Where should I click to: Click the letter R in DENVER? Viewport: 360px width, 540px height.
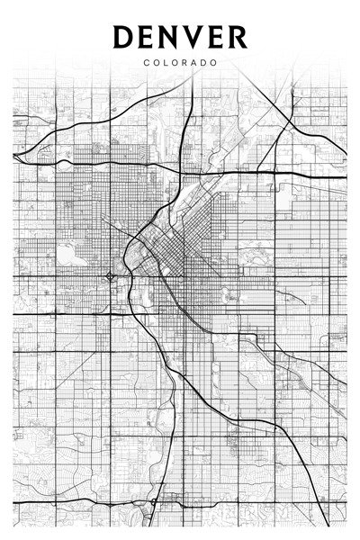(238, 37)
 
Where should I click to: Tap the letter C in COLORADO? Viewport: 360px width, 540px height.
(146, 63)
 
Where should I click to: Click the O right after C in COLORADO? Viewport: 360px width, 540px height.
(156, 63)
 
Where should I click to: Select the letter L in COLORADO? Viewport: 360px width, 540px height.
(166, 63)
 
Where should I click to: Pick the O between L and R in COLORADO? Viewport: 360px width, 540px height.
(175, 63)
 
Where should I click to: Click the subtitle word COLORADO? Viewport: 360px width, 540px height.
(180, 63)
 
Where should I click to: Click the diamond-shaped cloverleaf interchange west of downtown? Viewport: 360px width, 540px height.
(110, 276)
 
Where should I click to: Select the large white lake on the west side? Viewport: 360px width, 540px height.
(67, 253)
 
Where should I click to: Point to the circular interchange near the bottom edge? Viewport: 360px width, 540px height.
(155, 500)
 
